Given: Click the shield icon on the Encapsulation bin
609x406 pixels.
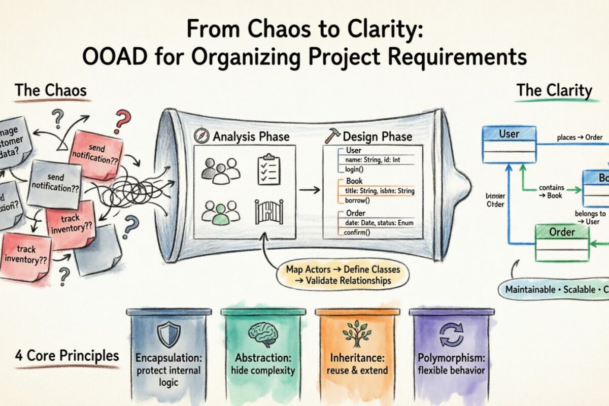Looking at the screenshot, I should tap(168, 335).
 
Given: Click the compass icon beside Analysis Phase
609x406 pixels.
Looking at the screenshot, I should tap(202, 136).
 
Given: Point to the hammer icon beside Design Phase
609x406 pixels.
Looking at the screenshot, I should tap(333, 136).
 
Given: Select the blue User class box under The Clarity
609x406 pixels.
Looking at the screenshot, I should tap(509, 144).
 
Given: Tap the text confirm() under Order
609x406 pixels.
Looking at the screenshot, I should tap(357, 232).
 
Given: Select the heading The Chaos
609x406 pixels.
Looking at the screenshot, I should tap(50, 91).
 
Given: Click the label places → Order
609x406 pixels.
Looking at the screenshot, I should tap(580, 138).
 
